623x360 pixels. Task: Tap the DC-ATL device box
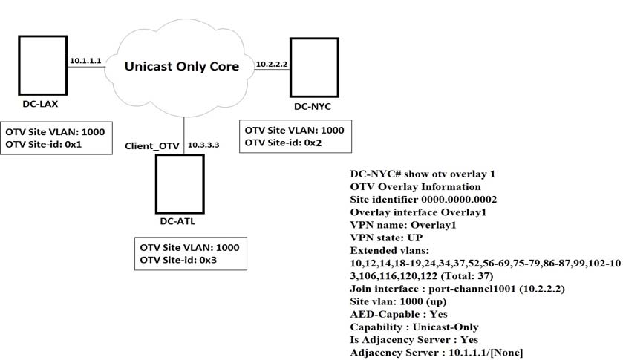(x=179, y=182)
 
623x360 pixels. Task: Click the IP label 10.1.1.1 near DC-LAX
(x=84, y=59)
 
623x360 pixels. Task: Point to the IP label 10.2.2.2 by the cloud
(x=271, y=65)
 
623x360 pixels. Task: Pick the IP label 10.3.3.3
(x=204, y=145)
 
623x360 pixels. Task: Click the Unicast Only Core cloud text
(x=182, y=66)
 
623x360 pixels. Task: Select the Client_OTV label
(x=152, y=146)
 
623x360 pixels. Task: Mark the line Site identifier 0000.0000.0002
(x=423, y=200)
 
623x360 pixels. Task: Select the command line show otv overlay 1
(x=422, y=174)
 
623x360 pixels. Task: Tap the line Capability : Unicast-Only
(x=414, y=327)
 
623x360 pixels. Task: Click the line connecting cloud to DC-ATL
(x=183, y=126)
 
